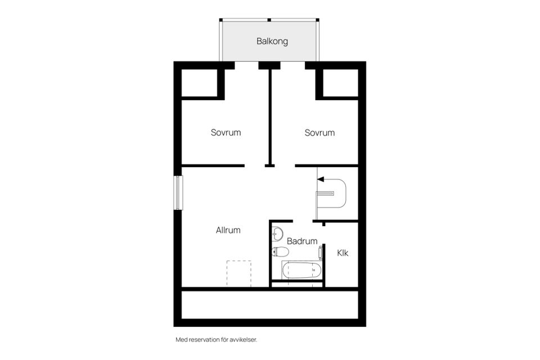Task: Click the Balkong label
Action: (272, 41)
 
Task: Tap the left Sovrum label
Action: (226, 133)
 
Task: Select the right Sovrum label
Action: (319, 133)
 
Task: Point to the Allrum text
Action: (228, 230)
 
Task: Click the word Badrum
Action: (302, 241)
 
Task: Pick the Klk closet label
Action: (343, 253)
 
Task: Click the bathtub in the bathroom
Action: (301, 271)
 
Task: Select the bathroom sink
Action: (277, 233)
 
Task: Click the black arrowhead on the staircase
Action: (321, 179)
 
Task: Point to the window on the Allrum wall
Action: (178, 192)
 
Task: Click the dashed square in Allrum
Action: (239, 273)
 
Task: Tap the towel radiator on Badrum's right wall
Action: (321, 253)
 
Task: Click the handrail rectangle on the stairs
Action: (326, 193)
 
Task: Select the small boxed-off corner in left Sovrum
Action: (199, 83)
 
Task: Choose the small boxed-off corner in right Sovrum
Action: (340, 83)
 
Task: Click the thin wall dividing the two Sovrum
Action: (270, 115)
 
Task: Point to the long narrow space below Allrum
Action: (270, 305)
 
